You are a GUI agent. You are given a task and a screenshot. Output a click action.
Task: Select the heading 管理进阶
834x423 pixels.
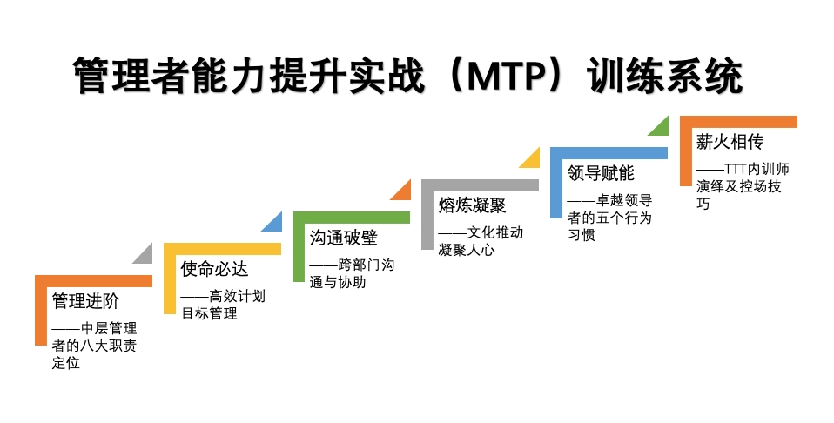85,300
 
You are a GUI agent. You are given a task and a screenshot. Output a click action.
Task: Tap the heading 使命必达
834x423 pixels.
214,269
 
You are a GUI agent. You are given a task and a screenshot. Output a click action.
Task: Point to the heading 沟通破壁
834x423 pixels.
344,237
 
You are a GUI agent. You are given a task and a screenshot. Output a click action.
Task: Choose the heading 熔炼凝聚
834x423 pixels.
473,205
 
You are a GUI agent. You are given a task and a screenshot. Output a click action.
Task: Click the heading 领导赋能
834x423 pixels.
601,173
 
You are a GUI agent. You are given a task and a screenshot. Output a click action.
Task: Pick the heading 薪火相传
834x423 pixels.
730,141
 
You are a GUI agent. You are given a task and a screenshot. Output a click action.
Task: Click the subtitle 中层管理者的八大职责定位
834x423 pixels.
94,346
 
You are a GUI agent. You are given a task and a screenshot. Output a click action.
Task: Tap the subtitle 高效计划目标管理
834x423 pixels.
223,305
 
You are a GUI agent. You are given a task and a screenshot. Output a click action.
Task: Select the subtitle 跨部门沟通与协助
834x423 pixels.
352,273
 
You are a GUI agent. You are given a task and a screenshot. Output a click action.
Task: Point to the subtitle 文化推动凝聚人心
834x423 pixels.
481,241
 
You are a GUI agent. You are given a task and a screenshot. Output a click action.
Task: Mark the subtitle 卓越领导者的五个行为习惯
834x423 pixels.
609,218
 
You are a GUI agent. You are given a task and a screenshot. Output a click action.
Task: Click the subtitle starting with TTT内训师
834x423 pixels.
743,185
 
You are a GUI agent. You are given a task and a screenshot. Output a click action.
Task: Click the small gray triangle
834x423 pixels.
145,257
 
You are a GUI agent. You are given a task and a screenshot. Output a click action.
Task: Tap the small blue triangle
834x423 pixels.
275,225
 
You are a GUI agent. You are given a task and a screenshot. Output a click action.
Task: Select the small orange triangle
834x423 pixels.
404,192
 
